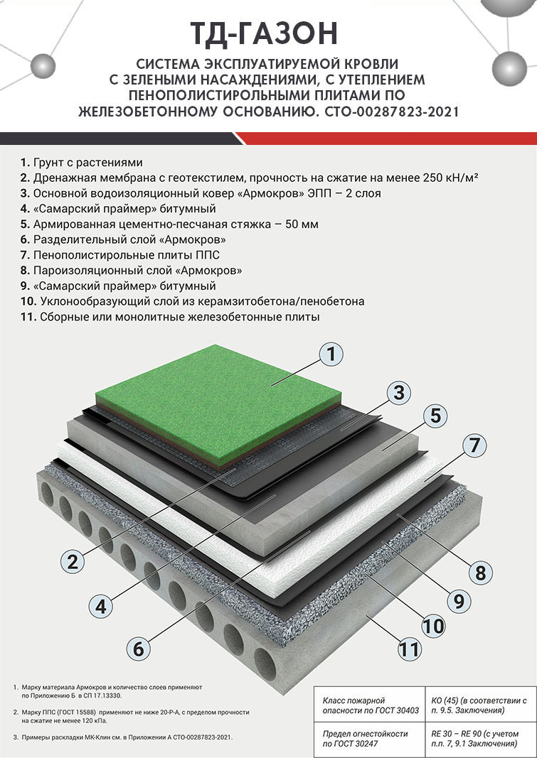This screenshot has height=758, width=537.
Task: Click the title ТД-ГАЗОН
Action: (264, 33)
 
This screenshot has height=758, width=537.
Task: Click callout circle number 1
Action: (331, 354)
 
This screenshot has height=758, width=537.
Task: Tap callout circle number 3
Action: (398, 393)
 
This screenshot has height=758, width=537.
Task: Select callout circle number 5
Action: (435, 416)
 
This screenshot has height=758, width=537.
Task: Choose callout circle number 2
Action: (73, 561)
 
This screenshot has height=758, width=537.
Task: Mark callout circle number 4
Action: (100, 606)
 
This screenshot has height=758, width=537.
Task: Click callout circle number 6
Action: (139, 648)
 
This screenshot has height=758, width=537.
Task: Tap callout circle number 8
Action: (480, 573)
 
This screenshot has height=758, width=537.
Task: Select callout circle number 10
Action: (433, 626)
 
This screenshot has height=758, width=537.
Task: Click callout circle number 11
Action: (409, 649)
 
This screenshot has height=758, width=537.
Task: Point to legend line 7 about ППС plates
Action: (120, 255)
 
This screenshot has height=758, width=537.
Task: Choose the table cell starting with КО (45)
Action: (479, 705)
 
